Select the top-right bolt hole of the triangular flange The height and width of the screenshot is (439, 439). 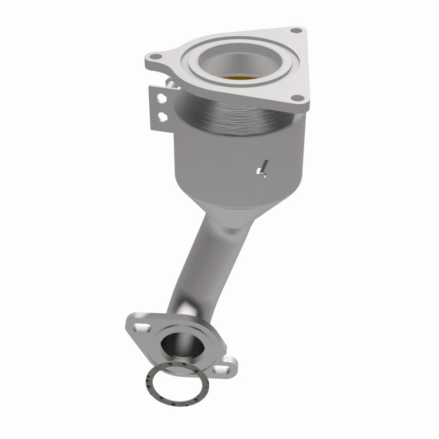[x=297, y=30]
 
